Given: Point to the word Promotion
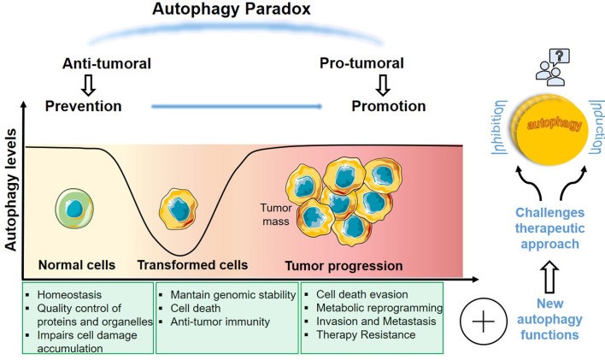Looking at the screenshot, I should [x=388, y=107].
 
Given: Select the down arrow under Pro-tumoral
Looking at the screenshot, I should [x=384, y=85].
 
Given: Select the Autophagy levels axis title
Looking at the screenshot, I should [x=11, y=196].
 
